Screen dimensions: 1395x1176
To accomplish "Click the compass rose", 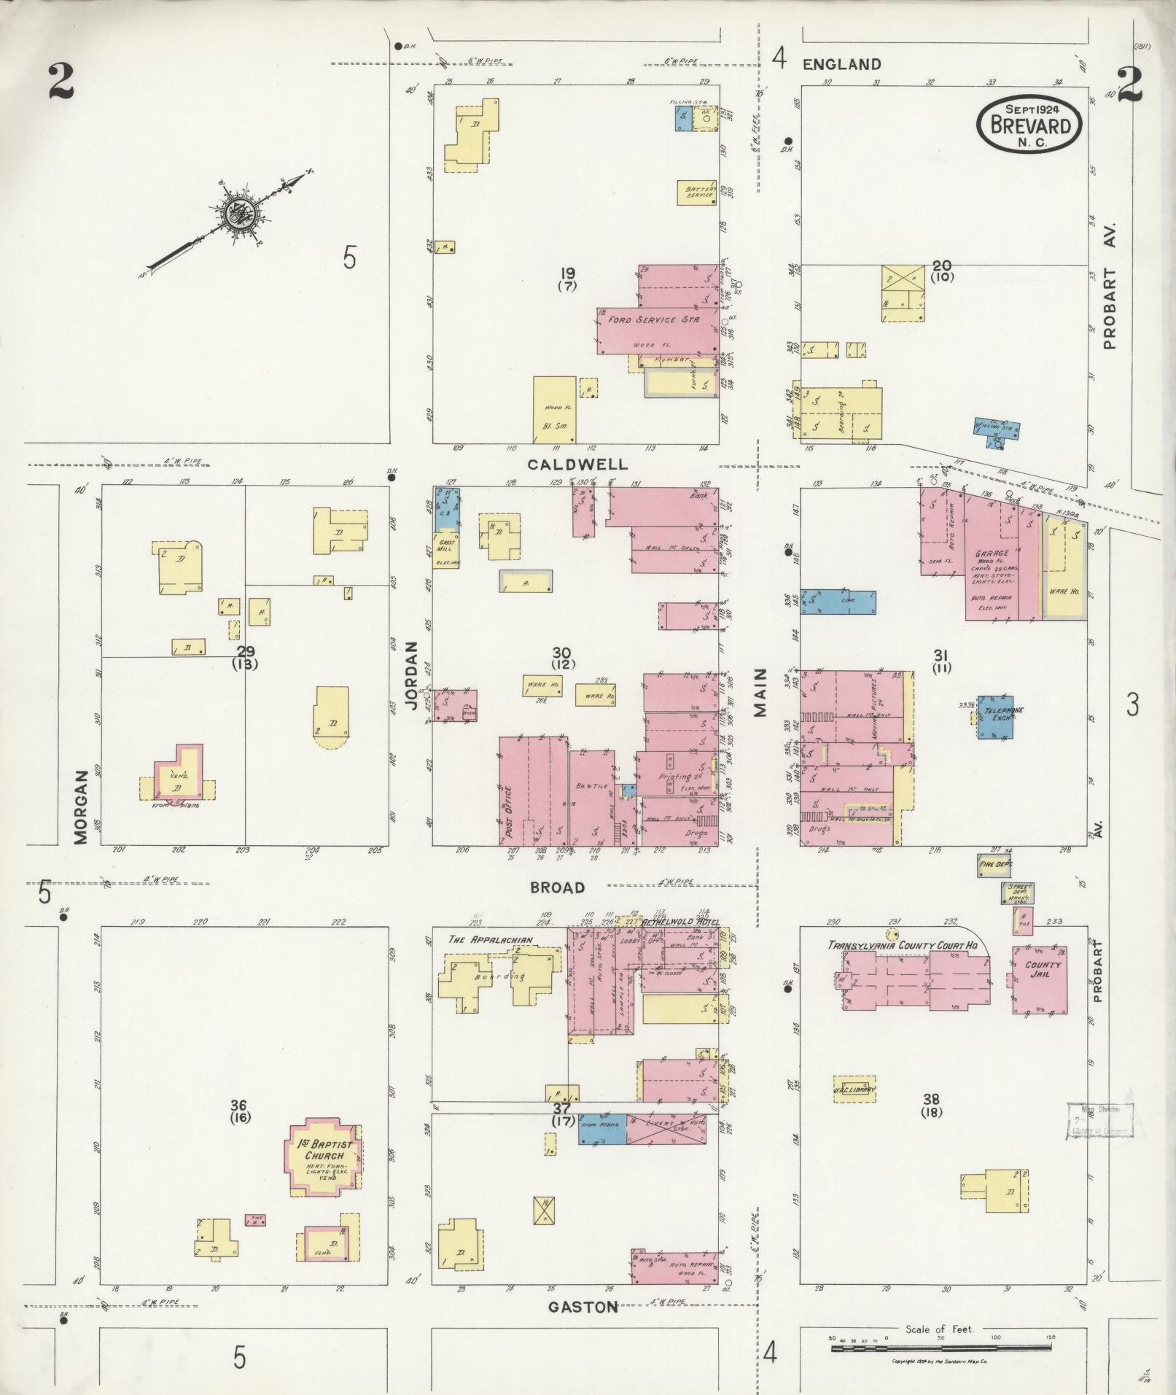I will click(x=238, y=211).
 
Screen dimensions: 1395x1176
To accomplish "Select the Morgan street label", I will click(x=81, y=807).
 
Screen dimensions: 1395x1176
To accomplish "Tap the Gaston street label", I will click(x=583, y=1307).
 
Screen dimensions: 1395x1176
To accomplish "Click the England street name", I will click(x=841, y=64).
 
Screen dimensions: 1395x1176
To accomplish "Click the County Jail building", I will click(x=1040, y=979).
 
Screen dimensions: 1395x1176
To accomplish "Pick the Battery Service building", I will click(x=698, y=192).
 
